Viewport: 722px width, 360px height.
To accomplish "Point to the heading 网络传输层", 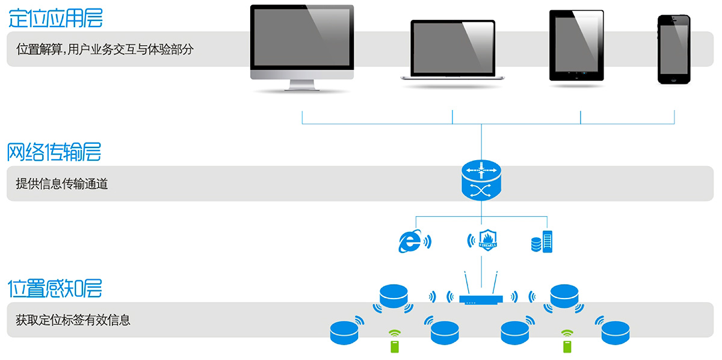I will [54, 152].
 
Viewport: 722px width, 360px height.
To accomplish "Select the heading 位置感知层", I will [55, 288].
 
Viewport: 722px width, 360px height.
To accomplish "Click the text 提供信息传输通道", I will [62, 184].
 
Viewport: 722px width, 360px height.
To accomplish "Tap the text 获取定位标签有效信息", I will [73, 320].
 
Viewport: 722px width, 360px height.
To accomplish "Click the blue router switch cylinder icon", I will [481, 180].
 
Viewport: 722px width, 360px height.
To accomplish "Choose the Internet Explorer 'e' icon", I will [410, 241].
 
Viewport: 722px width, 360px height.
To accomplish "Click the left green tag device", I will [394, 346].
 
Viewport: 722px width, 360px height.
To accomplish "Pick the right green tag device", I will [567, 346].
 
